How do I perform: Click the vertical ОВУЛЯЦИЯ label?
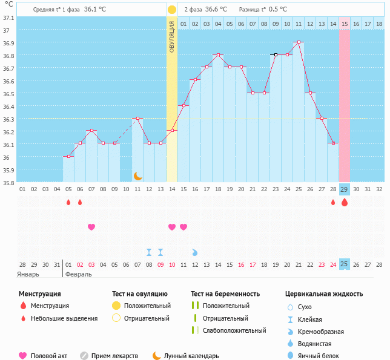[x=172, y=37]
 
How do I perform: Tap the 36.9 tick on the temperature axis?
[x=8, y=43]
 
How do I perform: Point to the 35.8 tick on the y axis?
[x=8, y=182]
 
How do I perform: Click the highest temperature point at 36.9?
[x=299, y=42]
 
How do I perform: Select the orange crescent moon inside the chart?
[x=138, y=176]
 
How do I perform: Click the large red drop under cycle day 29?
[x=345, y=202]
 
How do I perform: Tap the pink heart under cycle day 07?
[x=91, y=227]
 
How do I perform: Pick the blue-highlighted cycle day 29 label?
[x=345, y=189]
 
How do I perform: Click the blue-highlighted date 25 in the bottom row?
[x=345, y=264]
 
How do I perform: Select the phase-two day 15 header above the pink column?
[x=345, y=24]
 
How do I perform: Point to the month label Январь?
[x=28, y=274]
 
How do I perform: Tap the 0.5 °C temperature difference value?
[x=278, y=10]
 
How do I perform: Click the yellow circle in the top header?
[x=172, y=10]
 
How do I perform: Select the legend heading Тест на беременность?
[x=225, y=293]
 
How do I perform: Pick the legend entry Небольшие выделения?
[x=64, y=318]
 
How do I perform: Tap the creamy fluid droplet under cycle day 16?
[x=195, y=252]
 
